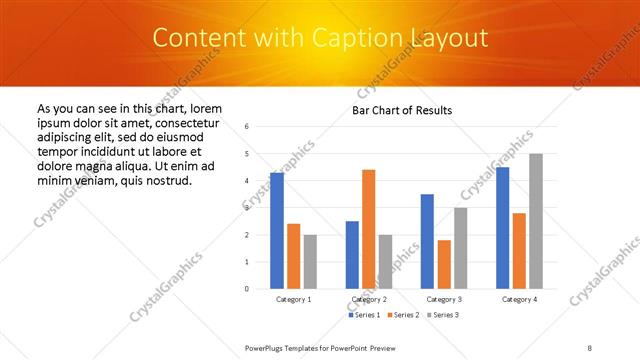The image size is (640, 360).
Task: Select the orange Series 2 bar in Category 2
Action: (368, 229)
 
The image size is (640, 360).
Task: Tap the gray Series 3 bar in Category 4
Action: (536, 221)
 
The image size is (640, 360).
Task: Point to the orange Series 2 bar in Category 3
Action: (444, 264)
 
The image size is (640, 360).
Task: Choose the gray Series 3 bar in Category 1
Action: (310, 261)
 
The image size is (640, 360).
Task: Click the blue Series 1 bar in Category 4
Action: (502, 228)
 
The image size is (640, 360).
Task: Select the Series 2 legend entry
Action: (401, 315)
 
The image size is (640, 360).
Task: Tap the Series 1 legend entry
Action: (363, 315)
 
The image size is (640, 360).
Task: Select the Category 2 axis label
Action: (368, 299)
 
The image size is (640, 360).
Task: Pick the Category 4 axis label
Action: (519, 299)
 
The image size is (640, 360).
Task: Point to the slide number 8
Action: (590, 347)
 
